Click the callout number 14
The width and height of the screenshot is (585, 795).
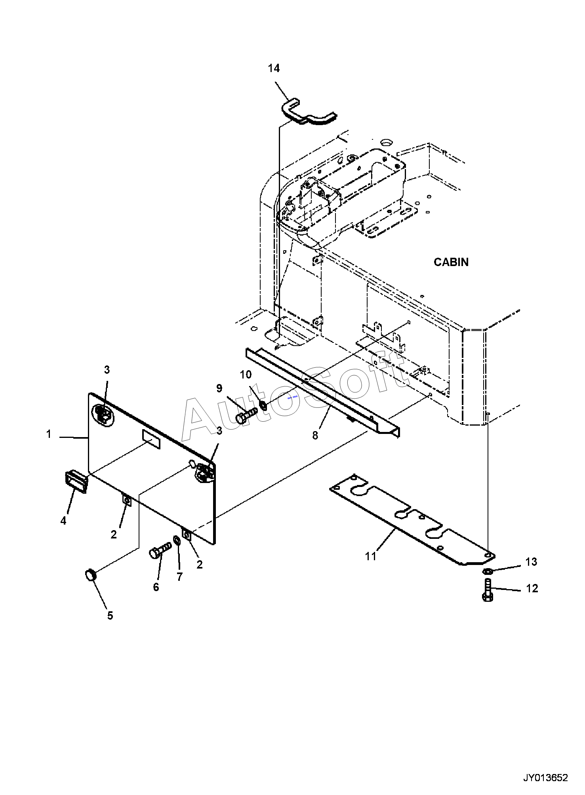(x=274, y=68)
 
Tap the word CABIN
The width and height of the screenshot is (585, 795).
(x=451, y=262)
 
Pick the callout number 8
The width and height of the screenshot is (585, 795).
(x=315, y=436)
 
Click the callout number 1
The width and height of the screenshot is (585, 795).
(x=49, y=434)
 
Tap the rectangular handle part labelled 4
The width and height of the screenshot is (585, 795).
(x=76, y=482)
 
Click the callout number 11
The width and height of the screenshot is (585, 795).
(x=370, y=556)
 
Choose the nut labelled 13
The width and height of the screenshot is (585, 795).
(x=488, y=571)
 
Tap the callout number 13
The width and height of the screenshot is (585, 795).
(x=531, y=562)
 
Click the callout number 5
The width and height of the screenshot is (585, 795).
(x=110, y=616)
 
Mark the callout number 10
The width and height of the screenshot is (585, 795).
(x=246, y=374)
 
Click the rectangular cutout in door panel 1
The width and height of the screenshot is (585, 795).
(x=151, y=440)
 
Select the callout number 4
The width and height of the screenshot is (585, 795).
(x=63, y=521)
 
